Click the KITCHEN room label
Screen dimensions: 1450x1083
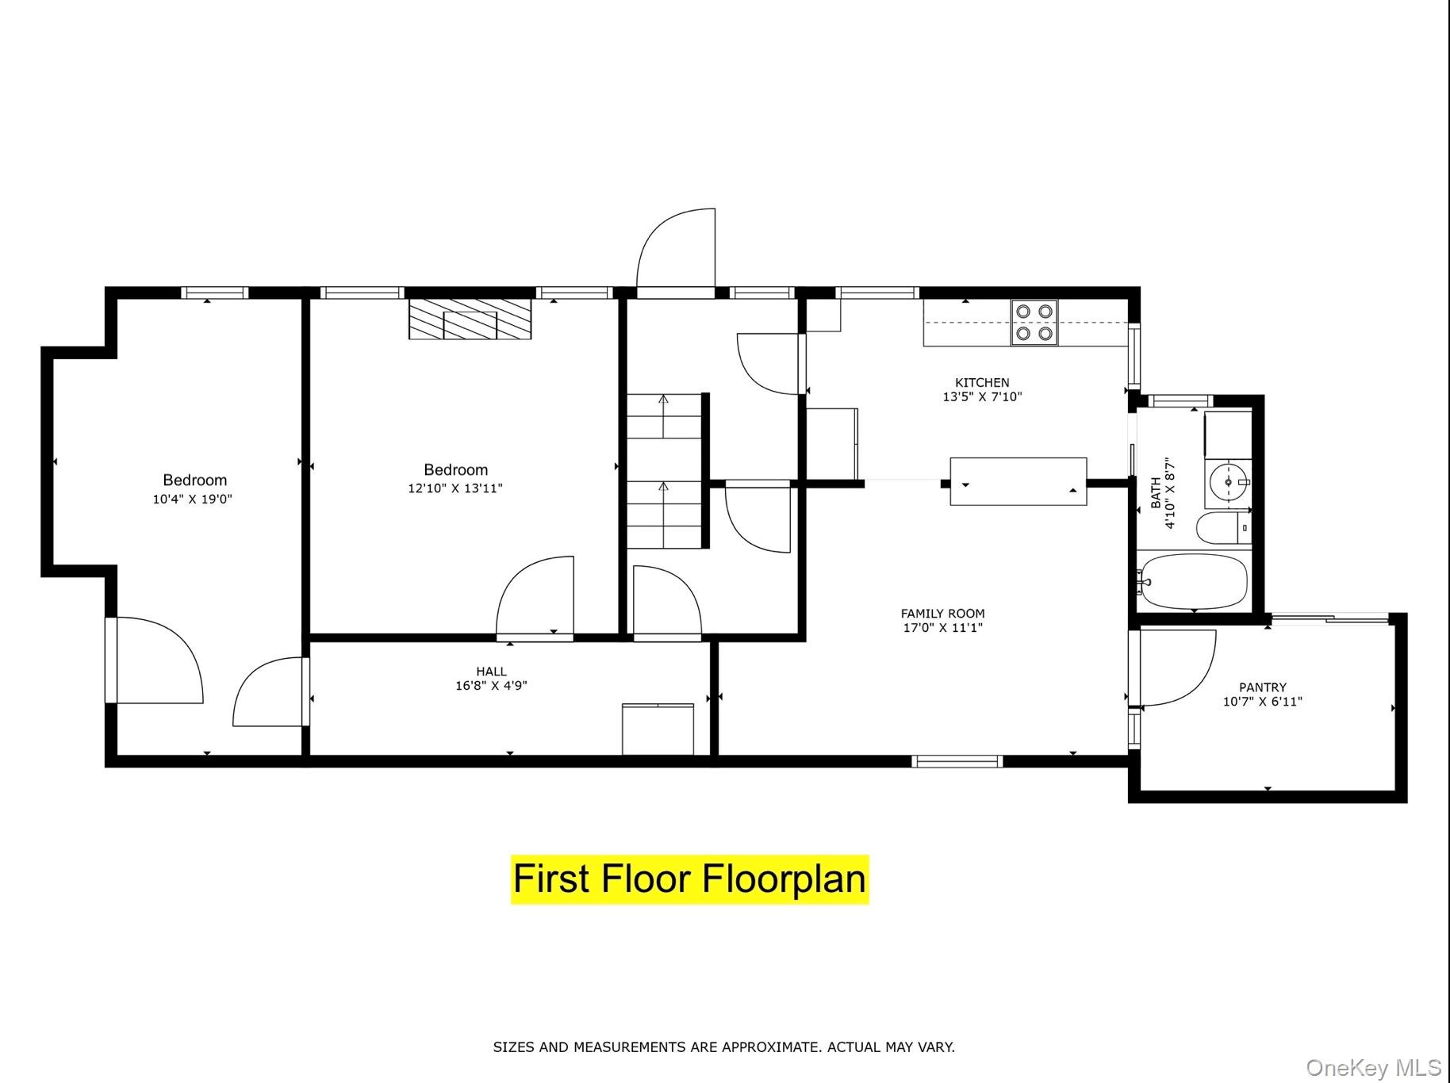point(982,383)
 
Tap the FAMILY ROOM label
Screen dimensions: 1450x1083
point(942,614)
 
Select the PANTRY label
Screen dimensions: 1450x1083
point(1263,687)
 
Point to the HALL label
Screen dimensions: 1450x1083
point(492,672)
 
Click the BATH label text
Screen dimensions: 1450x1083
point(1156,492)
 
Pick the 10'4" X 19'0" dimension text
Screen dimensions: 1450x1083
point(193,499)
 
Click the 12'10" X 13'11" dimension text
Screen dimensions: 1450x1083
point(455,488)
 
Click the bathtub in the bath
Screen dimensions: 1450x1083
point(1191,582)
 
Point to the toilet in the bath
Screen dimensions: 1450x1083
point(1222,528)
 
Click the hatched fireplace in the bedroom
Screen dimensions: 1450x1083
point(470,320)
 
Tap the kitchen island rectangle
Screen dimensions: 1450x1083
point(1018,481)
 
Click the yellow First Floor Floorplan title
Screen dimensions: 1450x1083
point(689,879)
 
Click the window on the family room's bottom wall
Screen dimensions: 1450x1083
point(957,762)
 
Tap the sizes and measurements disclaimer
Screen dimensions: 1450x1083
point(723,1047)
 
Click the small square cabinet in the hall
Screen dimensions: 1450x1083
point(658,729)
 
